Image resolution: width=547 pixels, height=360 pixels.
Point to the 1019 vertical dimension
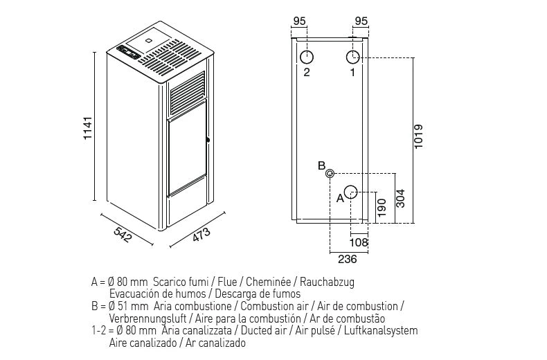click(418, 138)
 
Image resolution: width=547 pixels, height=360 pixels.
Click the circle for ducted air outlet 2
click(307, 56)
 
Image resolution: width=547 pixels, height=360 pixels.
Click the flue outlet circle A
click(351, 192)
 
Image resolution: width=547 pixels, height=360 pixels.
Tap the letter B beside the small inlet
click(321, 165)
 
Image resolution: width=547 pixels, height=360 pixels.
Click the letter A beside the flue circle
click(339, 198)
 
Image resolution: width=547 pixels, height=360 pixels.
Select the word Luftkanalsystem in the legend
click(382, 331)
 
